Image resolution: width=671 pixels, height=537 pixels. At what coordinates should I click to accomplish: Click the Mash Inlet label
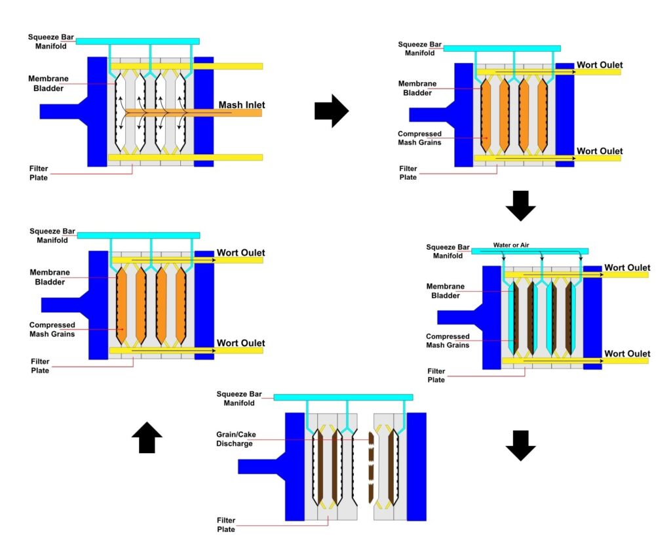pyautogui.click(x=242, y=105)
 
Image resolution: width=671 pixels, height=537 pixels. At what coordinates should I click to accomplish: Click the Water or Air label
pyautogui.click(x=511, y=245)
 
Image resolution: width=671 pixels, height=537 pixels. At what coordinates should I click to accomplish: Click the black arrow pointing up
pyautogui.click(x=147, y=437)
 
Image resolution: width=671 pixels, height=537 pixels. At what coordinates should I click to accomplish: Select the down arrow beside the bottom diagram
pyautogui.click(x=521, y=445)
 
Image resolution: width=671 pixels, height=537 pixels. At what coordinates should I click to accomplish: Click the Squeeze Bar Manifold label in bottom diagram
pyautogui.click(x=239, y=398)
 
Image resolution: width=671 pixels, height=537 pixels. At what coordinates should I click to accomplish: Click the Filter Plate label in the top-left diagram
pyautogui.click(x=39, y=173)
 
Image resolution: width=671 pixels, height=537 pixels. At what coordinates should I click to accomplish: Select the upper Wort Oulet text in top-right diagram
pyautogui.click(x=600, y=65)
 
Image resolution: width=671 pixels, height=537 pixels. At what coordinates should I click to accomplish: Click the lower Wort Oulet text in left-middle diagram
pyautogui.click(x=241, y=343)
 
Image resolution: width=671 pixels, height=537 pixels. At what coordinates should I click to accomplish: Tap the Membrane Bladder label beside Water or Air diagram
pyautogui.click(x=446, y=290)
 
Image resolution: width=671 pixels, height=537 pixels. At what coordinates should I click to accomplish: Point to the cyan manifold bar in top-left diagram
pyautogui.click(x=138, y=41)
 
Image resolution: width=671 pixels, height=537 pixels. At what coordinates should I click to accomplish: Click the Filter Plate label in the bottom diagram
pyautogui.click(x=226, y=525)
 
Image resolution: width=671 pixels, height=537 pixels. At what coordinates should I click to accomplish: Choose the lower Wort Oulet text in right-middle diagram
pyautogui.click(x=627, y=354)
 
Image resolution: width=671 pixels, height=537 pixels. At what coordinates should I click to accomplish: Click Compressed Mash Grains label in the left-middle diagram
pyautogui.click(x=52, y=329)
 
